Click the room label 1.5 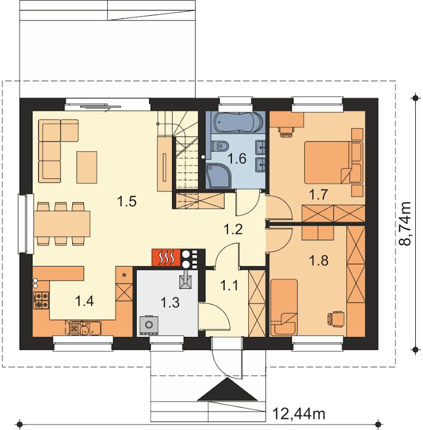(x=127, y=202)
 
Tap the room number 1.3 (x=170, y=302)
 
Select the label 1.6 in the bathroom (x=237, y=159)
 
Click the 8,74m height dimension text (x=405, y=223)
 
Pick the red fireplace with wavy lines (x=166, y=257)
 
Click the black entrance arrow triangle (x=227, y=390)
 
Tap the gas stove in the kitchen (x=41, y=300)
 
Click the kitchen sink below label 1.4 (x=83, y=328)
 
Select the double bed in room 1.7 (x=333, y=162)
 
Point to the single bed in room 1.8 (x=284, y=307)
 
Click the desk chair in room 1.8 (x=336, y=319)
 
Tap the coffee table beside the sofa (x=87, y=167)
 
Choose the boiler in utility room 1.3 (x=149, y=325)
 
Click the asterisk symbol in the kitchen (x=124, y=274)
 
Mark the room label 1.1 (x=230, y=286)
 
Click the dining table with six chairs (x=62, y=223)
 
